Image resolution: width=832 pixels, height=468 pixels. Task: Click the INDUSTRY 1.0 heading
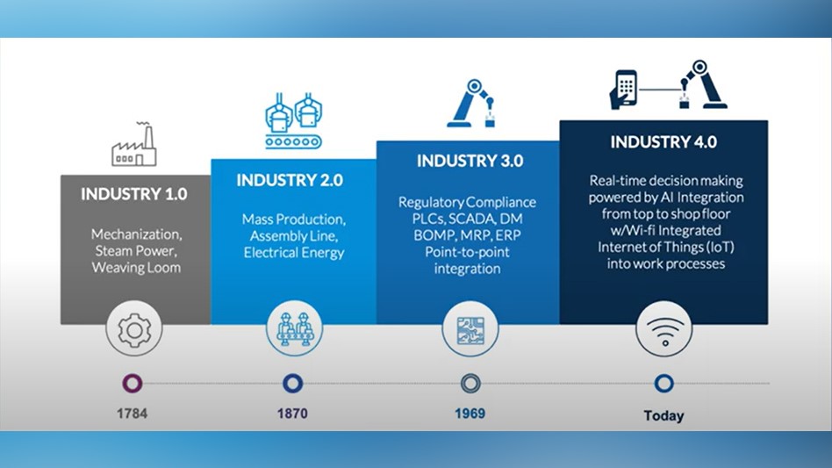134,194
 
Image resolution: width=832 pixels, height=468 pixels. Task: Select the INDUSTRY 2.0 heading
290,181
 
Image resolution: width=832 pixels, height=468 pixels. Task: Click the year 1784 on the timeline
133,412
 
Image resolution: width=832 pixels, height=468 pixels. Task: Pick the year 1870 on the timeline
291,412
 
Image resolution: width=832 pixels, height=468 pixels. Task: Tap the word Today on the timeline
663,415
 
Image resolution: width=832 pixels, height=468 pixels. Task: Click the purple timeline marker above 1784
133,384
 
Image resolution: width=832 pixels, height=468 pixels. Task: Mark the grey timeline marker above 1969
471,384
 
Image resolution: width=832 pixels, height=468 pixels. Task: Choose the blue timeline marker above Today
663,384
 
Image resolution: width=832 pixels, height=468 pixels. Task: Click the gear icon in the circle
134,330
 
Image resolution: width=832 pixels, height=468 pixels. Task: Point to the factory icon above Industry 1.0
134,147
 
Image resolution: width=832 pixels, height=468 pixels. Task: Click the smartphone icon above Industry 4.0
624,90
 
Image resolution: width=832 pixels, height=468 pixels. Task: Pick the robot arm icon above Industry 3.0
472,104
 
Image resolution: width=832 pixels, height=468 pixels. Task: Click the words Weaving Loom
136,267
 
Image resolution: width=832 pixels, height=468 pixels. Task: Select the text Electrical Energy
294,253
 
